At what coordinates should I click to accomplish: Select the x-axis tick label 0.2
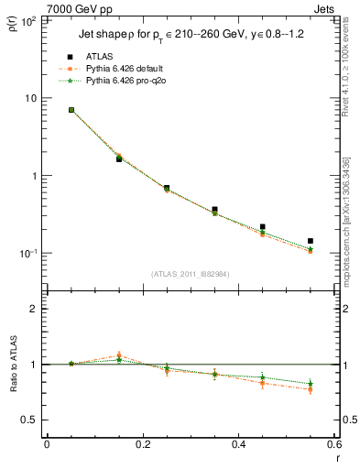(143, 444)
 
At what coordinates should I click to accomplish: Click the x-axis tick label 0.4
(238, 444)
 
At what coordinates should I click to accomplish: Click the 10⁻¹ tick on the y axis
(27, 254)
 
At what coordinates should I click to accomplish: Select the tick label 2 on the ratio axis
(32, 309)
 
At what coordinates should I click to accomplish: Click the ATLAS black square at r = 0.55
(311, 241)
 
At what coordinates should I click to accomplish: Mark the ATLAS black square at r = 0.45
(263, 226)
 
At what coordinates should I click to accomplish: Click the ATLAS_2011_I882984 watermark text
(189, 274)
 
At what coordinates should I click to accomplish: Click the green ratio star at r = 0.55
(311, 384)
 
